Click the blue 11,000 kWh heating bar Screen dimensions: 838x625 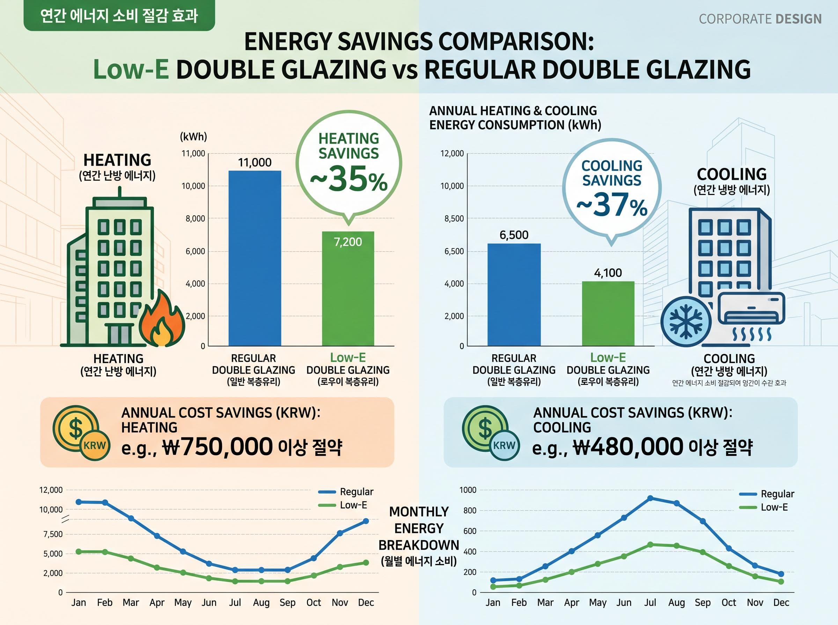tap(255, 258)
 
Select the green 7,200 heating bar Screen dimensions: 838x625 tap(348, 289)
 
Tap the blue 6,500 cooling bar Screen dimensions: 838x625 tap(514, 295)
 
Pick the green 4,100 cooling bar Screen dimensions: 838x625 tap(608, 314)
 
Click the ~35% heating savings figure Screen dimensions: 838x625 tap(349, 179)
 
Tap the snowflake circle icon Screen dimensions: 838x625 tap(686, 322)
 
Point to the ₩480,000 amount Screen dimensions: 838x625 tap(628, 446)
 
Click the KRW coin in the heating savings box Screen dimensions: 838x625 tap(94, 445)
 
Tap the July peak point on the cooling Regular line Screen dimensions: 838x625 tap(650, 498)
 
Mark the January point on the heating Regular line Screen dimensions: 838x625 tap(79, 502)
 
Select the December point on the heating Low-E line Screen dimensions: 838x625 tap(366, 563)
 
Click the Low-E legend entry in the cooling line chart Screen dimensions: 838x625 tap(763, 507)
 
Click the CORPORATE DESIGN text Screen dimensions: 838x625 tap(760, 19)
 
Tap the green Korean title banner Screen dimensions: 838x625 tap(119, 15)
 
